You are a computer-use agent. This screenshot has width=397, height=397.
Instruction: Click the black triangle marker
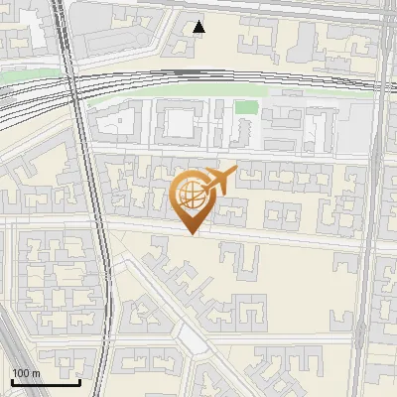coord(199,27)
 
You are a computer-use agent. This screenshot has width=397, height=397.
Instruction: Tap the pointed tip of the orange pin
coord(192,234)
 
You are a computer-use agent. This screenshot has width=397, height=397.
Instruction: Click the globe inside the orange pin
coord(192,196)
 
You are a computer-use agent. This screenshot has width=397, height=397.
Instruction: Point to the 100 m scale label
coord(26,373)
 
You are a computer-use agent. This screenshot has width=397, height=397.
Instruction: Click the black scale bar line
coord(45,381)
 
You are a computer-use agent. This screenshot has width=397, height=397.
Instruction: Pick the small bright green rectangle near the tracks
coord(246,108)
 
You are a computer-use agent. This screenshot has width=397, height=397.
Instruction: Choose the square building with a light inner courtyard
coord(180,123)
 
